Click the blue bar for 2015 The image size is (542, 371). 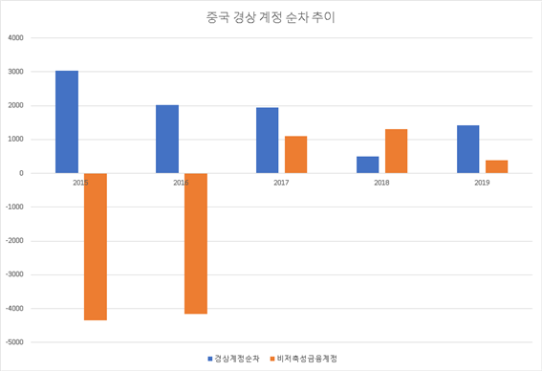67,121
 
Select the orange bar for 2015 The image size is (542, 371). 96,247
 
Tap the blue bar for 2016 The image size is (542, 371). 167,139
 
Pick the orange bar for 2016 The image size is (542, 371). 196,244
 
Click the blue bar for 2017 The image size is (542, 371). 268,141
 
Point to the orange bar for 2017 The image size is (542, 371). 296,155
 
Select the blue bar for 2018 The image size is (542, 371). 368,164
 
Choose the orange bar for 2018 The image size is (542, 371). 397,151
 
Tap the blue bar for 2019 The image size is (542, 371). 468,149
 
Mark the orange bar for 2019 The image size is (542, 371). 497,166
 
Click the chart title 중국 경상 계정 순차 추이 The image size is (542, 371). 271,17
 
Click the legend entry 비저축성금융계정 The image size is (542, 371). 307,358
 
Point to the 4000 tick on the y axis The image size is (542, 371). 15,38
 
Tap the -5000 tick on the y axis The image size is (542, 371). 13,341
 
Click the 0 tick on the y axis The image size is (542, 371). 20,173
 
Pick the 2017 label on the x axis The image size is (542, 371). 282,182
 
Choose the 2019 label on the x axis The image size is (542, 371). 483,182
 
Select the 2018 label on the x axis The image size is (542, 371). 382,182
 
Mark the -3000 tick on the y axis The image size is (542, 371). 13,274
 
